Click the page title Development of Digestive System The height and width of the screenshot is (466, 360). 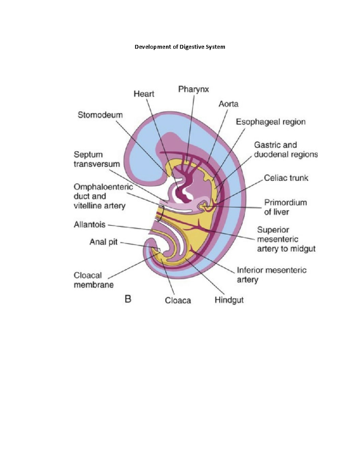pos(180,47)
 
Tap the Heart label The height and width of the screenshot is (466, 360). pos(144,94)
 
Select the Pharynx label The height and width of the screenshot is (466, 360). pos(193,89)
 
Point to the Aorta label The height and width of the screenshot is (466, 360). pos(228,104)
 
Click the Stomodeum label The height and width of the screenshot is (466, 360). pos(100,115)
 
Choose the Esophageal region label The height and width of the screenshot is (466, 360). pos(271,122)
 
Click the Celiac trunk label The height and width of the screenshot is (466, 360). pos(286,178)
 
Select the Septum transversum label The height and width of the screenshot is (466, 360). pos(96,159)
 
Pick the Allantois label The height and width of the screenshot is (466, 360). pos(89,224)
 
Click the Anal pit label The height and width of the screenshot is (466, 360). pos(103,242)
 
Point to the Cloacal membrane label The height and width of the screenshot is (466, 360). pos(93,280)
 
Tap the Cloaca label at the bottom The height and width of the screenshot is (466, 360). pos(178,300)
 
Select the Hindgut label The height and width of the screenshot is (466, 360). pos(229,300)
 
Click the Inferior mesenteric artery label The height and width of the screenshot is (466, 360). pos(271,275)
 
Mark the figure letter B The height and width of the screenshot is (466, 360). pos(128,299)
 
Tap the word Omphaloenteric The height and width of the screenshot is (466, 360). pos(103,187)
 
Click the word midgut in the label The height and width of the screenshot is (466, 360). pos(304,249)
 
